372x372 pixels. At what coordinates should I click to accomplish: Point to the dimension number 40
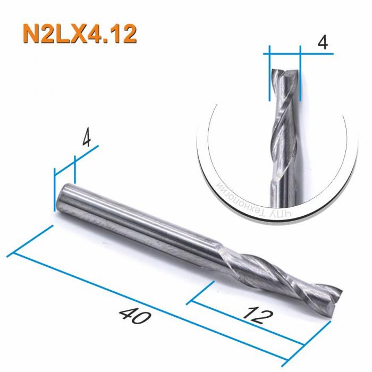[x=131, y=317]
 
